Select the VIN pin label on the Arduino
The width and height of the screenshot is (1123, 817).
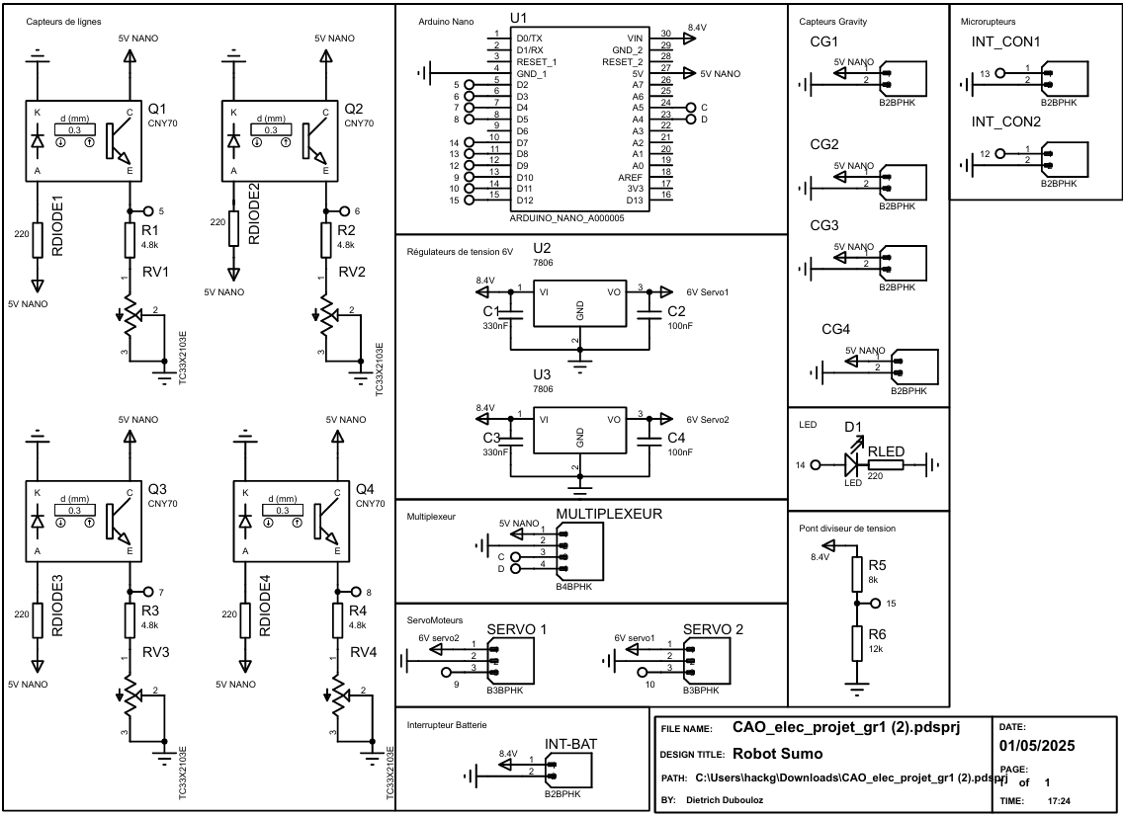[635, 37]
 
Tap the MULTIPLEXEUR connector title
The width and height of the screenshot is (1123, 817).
[608, 514]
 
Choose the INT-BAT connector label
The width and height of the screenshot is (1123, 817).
[569, 745]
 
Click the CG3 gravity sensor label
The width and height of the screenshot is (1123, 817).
[823, 226]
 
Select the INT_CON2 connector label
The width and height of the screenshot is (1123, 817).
[1005, 123]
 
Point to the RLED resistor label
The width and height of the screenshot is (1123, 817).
[887, 450]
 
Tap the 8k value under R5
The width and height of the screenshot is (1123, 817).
[873, 581]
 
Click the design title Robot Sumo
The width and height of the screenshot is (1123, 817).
[778, 753]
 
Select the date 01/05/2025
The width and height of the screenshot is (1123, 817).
[1037, 746]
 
